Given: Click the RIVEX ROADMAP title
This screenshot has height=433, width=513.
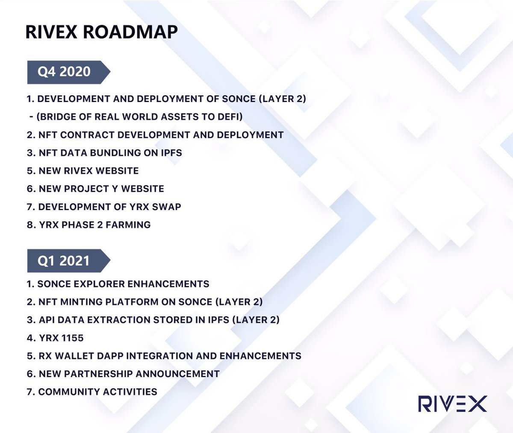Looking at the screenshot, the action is (101, 32).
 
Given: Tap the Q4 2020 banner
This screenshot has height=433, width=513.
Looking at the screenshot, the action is (68, 72).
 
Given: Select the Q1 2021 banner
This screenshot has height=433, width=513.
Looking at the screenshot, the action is (68, 260).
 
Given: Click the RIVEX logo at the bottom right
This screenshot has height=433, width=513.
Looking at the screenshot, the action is (453, 404).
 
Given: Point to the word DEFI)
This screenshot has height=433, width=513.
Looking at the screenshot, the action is (230, 117).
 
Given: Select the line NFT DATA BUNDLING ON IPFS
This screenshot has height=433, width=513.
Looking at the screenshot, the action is (104, 153).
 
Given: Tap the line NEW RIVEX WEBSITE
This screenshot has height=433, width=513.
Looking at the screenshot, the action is (83, 171).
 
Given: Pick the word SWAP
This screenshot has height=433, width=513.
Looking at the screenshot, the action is (167, 207).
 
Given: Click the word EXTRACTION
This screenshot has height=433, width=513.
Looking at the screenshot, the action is (119, 319).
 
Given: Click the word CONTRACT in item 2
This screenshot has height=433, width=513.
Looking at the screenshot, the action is (87, 135).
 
